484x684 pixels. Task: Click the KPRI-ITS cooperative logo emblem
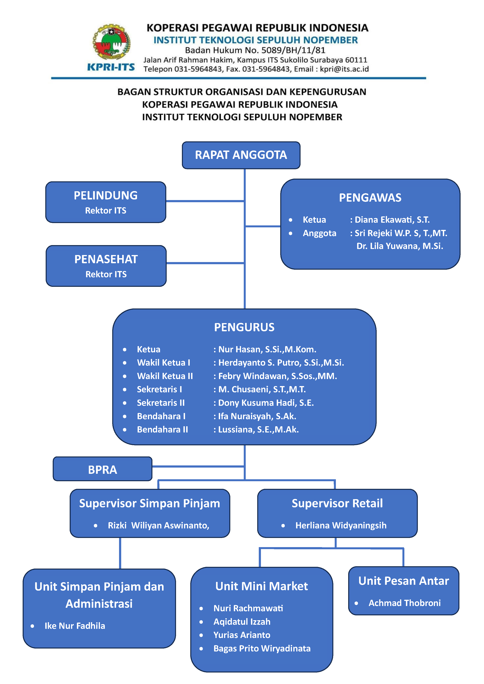(x=111, y=42)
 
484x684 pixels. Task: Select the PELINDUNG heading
(x=106, y=195)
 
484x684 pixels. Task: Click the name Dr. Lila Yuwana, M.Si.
(x=400, y=246)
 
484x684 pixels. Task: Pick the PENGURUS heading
(x=244, y=327)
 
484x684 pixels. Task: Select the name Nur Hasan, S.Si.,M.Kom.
(x=267, y=349)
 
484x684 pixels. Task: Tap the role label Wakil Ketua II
(x=165, y=376)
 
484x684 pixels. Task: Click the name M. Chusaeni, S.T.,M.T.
(x=262, y=389)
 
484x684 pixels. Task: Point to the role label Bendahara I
(x=161, y=416)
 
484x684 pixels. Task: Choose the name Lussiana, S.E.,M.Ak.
(x=258, y=430)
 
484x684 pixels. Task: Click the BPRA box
(x=103, y=470)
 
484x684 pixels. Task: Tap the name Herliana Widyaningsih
(x=341, y=525)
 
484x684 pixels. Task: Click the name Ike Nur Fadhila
(x=75, y=626)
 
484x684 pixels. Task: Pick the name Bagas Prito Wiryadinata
(x=262, y=649)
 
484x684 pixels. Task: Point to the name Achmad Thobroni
(x=404, y=603)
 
